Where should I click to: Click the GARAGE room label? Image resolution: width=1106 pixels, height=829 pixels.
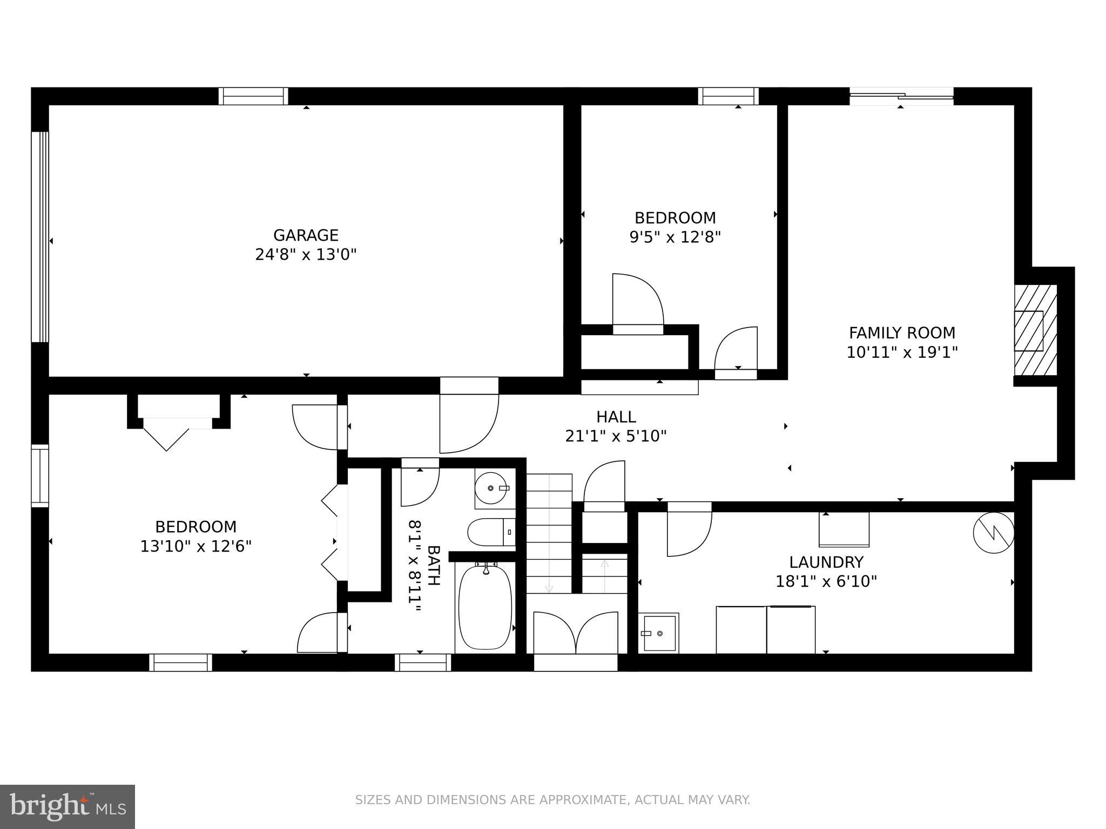pos(306,235)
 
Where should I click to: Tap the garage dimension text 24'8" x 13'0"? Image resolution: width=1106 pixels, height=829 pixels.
pos(306,254)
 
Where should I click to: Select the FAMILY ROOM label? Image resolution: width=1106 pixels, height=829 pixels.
pos(902,332)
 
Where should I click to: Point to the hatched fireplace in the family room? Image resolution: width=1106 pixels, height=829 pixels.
pos(1035,330)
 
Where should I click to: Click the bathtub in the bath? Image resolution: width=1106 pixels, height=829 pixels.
pos(484,607)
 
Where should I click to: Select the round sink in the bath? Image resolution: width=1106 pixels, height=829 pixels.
pos(491,488)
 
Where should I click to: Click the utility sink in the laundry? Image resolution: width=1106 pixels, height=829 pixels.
pos(659,633)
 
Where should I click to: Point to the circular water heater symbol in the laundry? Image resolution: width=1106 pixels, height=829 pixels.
pos(993,532)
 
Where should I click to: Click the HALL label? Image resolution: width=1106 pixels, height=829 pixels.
pos(616,417)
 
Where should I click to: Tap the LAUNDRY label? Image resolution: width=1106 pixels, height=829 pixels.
pos(826,562)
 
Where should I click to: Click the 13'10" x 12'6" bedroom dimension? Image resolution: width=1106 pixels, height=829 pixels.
pos(196,546)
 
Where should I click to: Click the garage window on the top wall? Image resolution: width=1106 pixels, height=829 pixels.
pos(253,96)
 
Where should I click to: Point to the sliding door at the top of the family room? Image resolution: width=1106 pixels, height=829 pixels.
pos(901,97)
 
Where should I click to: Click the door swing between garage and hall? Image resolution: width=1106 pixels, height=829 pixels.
pos(467,424)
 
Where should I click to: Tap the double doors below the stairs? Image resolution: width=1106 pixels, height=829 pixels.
pos(576,633)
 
